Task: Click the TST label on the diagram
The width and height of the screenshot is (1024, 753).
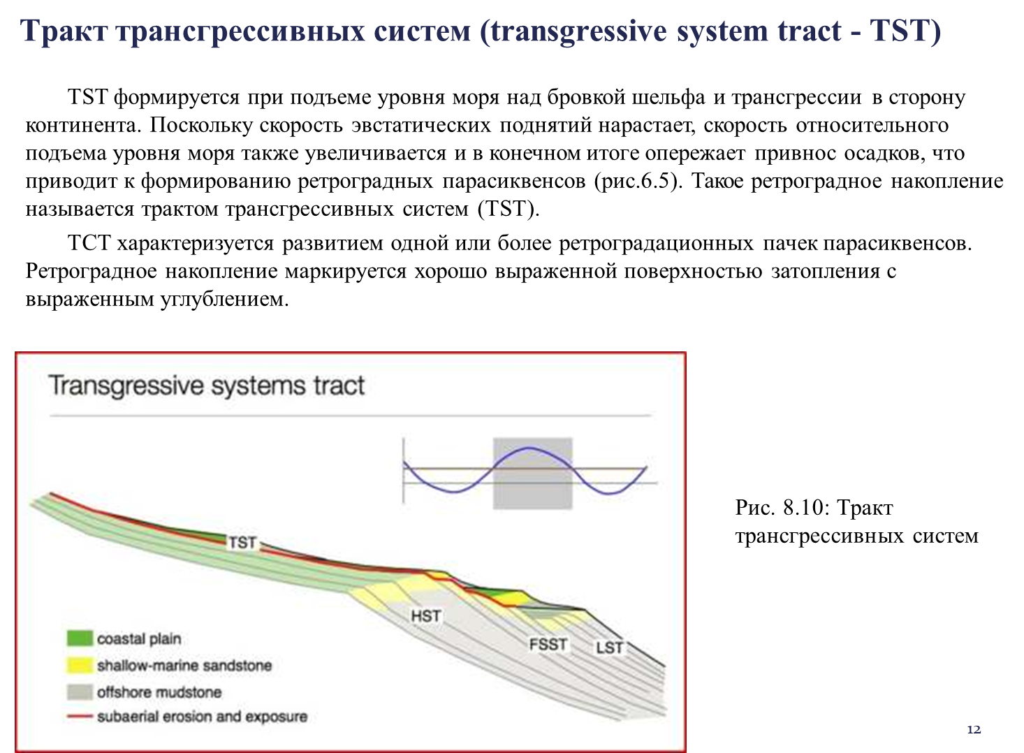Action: coord(242,543)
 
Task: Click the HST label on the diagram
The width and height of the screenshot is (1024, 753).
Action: coord(425,616)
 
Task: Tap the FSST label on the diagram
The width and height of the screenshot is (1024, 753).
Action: coord(548,644)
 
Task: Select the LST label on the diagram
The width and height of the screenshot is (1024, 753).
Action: coord(609,648)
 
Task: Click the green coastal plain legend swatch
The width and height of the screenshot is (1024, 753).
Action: coord(80,638)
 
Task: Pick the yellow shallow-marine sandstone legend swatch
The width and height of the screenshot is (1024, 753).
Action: coord(80,665)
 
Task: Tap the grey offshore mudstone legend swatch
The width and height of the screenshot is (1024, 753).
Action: coord(80,692)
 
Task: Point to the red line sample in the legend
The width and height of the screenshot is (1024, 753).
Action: coord(80,717)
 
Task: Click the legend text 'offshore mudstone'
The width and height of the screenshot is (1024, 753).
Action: coord(159,692)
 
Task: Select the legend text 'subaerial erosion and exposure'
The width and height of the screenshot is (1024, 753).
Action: coord(202,717)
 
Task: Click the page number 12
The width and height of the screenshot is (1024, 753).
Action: coord(974,729)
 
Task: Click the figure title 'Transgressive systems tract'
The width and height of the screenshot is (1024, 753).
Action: coord(207,386)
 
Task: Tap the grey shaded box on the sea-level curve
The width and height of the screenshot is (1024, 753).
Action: coord(532,474)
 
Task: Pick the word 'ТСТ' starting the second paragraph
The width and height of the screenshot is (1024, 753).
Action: coord(89,243)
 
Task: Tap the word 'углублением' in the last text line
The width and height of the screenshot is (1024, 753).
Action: coord(224,300)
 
